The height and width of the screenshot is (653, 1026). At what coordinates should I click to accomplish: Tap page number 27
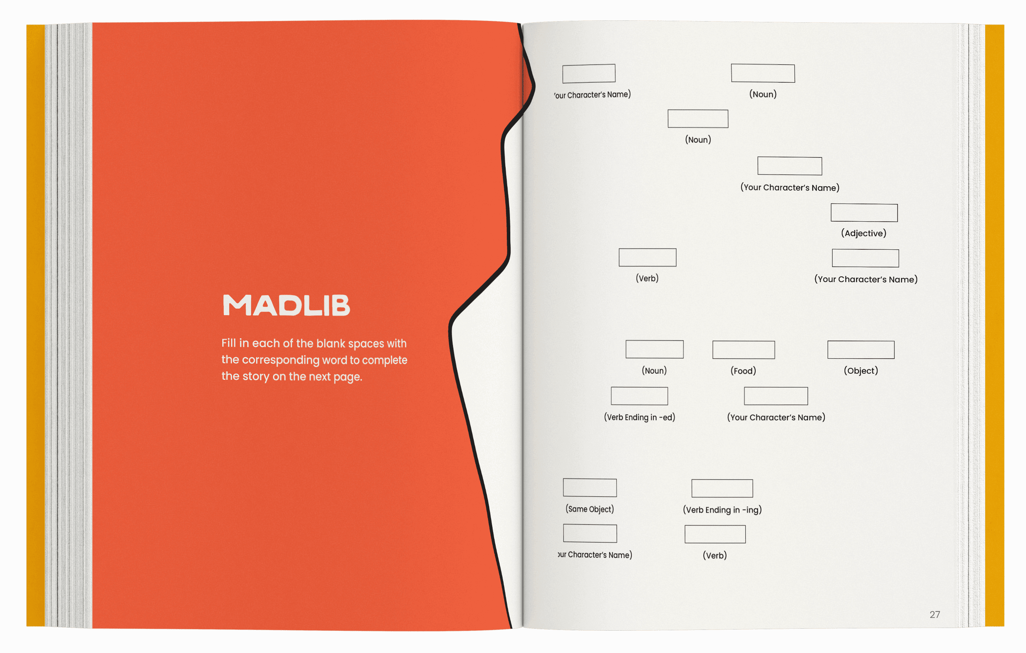[935, 614]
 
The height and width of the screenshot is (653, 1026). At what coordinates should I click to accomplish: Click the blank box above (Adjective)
[864, 213]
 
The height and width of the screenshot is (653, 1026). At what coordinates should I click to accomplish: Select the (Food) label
[743, 371]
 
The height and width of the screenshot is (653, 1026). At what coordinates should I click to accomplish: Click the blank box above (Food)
[743, 350]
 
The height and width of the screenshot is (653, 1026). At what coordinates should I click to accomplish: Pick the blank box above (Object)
[861, 350]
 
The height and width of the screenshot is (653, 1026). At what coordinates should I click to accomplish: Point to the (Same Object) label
[590, 509]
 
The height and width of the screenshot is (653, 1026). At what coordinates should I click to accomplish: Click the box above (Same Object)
[590, 488]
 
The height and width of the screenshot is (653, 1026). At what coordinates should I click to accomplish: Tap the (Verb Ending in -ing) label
[722, 510]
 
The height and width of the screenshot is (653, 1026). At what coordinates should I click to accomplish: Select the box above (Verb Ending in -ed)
[639, 396]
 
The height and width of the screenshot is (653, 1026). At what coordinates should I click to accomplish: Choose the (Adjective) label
[864, 233]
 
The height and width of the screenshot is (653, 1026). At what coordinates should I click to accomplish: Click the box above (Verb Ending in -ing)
[722, 488]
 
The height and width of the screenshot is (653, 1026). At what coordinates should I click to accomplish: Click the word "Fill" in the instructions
[228, 343]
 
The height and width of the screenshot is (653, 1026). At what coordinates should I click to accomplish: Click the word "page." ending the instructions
[347, 377]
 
